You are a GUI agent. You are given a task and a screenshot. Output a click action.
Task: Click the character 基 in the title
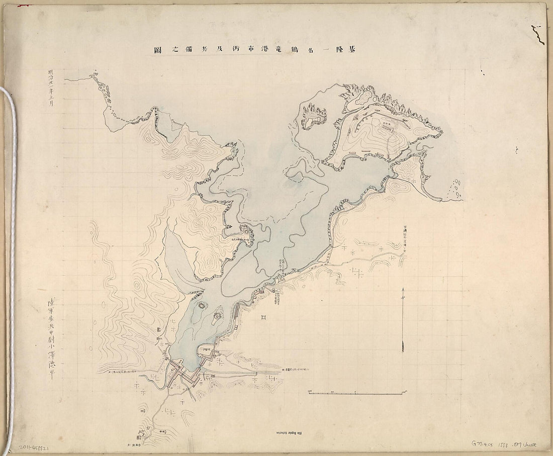(x=359, y=50)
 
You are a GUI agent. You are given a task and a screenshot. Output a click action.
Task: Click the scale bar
(x=355, y=392)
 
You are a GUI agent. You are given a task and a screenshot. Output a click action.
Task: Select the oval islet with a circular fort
(x=218, y=316)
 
